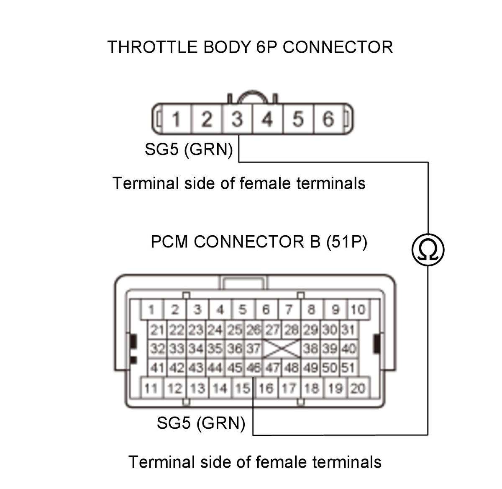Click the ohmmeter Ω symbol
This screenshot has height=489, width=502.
428,250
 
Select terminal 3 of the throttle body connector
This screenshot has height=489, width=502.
237,119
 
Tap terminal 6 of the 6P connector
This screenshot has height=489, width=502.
328,119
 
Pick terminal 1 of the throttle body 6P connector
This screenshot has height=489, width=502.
176,119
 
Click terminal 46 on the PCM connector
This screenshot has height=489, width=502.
253,368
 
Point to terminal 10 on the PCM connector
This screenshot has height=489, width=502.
359,309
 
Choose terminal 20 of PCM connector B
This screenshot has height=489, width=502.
359,388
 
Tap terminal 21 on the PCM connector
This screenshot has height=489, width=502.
157,330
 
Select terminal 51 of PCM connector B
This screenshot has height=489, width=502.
348,368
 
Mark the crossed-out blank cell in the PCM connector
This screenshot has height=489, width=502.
282,349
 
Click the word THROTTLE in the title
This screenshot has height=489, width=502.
152,47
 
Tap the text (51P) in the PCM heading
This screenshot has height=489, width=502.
346,242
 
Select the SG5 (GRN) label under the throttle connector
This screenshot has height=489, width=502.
189,149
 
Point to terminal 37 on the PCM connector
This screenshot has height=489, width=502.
253,349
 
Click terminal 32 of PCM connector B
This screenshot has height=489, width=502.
157,349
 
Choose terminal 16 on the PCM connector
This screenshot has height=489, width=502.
266,388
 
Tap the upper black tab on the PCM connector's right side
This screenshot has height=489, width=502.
376,344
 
